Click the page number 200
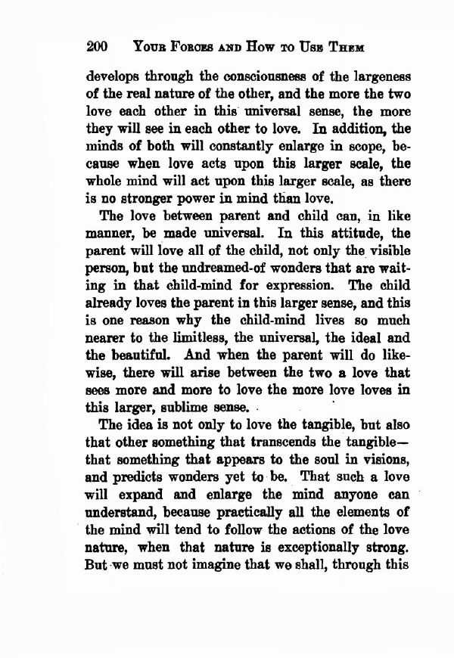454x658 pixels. tap(98, 47)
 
